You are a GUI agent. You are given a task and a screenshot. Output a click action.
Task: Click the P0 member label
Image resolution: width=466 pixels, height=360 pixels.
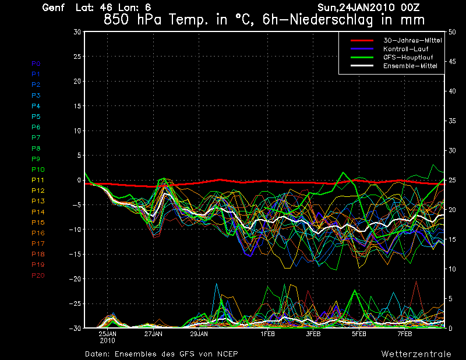[x=36, y=63]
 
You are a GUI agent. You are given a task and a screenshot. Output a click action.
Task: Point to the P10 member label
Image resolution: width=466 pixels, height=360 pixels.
[x=38, y=170]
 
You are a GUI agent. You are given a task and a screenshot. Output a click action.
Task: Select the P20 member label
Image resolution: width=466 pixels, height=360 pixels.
[x=38, y=276]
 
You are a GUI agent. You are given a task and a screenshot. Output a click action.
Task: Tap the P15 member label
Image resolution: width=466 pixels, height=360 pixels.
[x=38, y=223]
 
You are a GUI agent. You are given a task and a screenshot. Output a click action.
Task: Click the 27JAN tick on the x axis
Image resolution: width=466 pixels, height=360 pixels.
[x=153, y=334]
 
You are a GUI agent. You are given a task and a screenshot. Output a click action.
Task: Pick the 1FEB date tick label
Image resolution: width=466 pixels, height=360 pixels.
[x=268, y=334]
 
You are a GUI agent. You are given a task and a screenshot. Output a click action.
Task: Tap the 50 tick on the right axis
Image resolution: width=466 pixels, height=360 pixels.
[x=452, y=32]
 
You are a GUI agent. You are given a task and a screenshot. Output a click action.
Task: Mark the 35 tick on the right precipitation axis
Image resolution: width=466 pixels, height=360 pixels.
[x=452, y=121]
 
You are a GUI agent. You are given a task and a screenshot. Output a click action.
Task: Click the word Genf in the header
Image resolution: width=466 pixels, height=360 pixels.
[x=54, y=8]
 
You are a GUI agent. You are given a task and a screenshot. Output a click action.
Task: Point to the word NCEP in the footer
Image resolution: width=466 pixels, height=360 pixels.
[x=225, y=354]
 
